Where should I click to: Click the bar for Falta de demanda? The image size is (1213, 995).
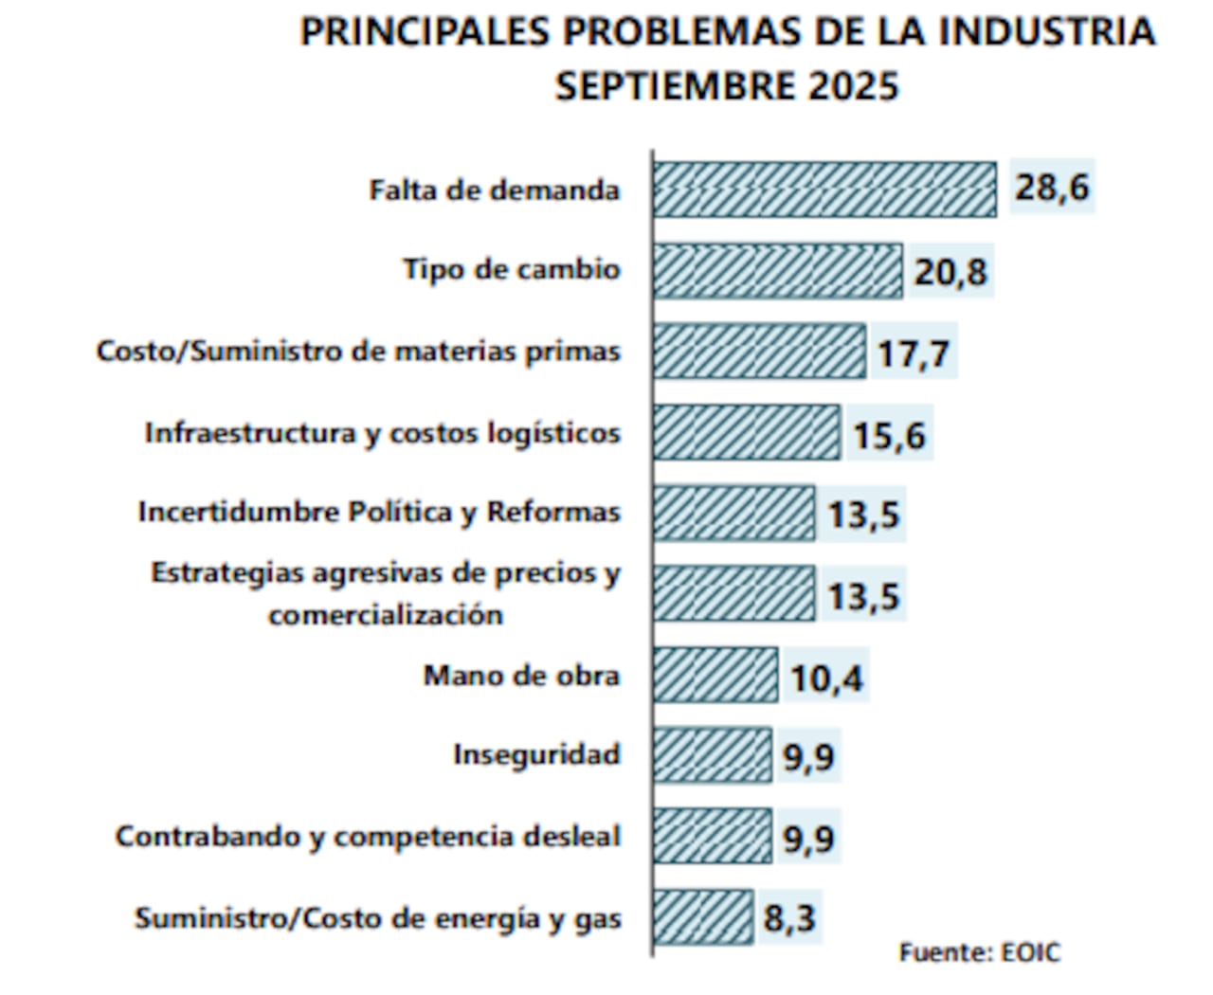pyautogui.click(x=824, y=190)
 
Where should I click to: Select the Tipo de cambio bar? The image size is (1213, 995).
pyautogui.click(x=778, y=272)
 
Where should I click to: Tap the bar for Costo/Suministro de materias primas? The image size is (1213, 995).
pyautogui.click(x=759, y=352)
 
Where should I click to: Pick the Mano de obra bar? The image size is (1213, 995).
pyautogui.click(x=715, y=676)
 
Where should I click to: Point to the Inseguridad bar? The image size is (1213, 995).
pyautogui.click(x=713, y=755)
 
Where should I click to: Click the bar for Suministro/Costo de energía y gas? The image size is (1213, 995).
pyautogui.click(x=703, y=917)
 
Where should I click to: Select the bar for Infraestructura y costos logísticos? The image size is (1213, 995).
pyautogui.click(x=747, y=433)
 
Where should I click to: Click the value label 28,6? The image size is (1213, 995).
pyautogui.click(x=1052, y=188)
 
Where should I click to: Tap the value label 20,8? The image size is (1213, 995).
pyautogui.click(x=950, y=272)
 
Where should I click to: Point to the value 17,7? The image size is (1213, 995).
pyautogui.click(x=913, y=353)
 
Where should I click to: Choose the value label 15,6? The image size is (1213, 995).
pyautogui.click(x=889, y=435)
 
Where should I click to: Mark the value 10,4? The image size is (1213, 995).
pyautogui.click(x=826, y=678)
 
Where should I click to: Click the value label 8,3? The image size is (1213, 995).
pyautogui.click(x=789, y=917)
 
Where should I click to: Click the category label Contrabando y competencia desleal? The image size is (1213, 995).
pyautogui.click(x=368, y=837)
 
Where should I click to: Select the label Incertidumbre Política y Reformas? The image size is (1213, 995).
pyautogui.click(x=378, y=513)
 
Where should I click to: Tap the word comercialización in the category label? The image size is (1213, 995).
pyautogui.click(x=385, y=615)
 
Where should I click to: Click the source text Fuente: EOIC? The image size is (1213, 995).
pyautogui.click(x=979, y=952)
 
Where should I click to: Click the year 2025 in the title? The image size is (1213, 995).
pyautogui.click(x=852, y=86)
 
